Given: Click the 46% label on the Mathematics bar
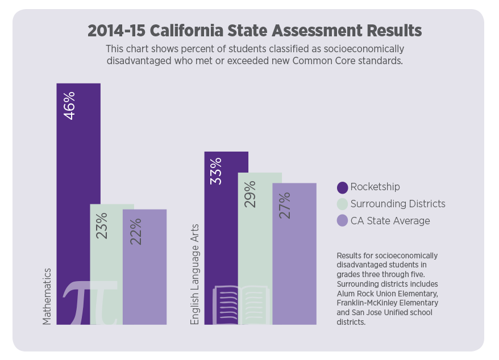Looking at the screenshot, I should tap(69, 105).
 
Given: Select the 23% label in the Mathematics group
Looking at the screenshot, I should tap(102, 225).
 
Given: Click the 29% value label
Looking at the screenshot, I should tap(250, 194).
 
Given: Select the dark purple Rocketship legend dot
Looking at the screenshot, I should tap(342, 187).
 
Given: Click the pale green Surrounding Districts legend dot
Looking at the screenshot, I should tap(342, 204).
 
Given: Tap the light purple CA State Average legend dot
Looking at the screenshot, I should tap(342, 220).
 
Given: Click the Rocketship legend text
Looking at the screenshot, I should tap(375, 187).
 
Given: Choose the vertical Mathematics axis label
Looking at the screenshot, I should tap(48, 296).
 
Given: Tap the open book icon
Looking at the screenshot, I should tap(239, 305).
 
